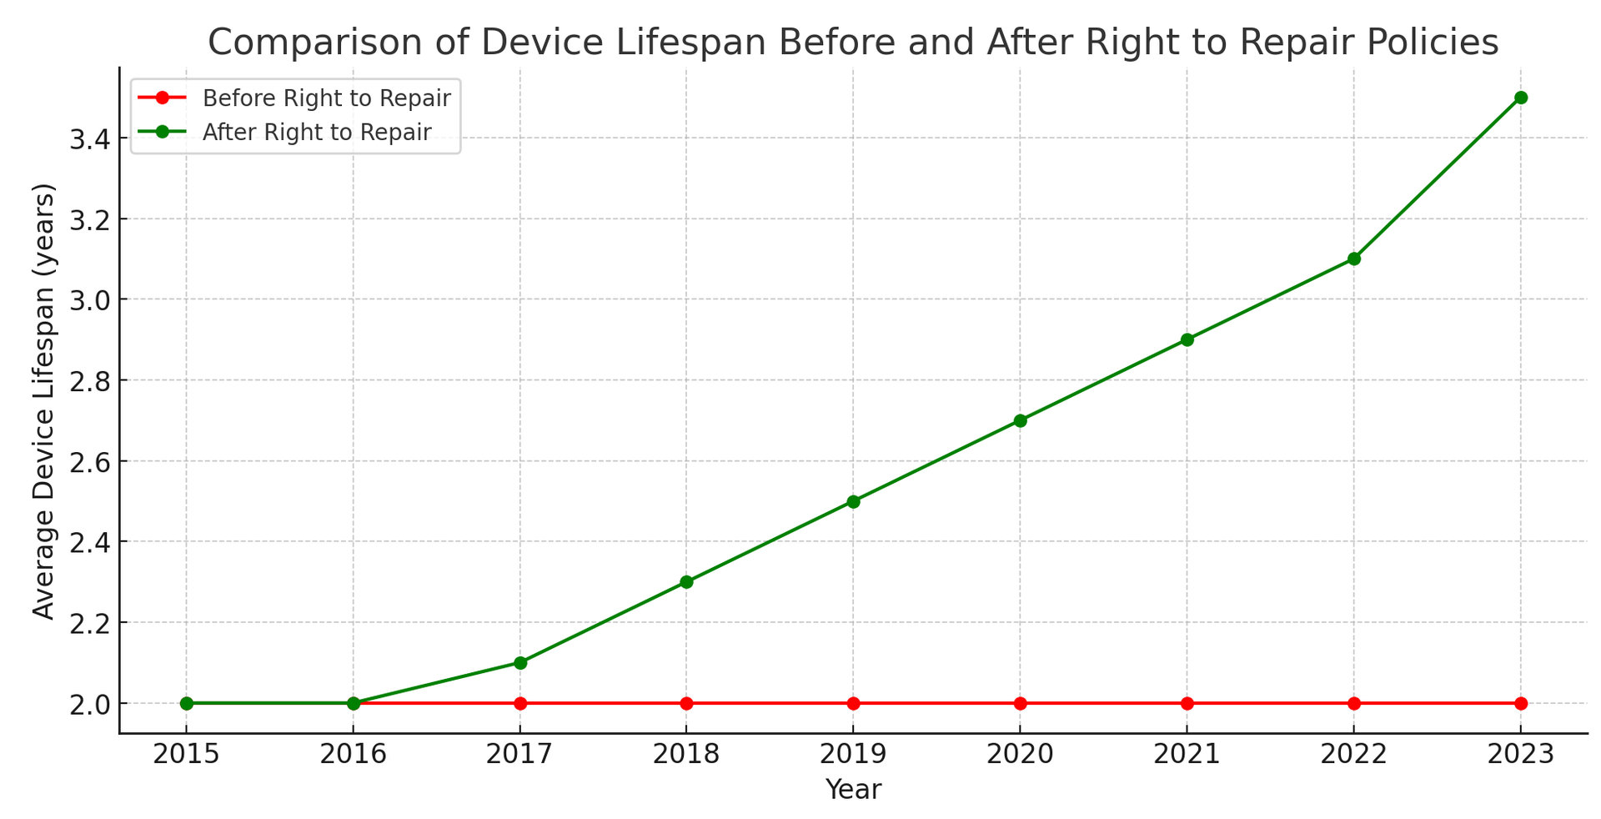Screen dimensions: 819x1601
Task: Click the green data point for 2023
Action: (x=1520, y=98)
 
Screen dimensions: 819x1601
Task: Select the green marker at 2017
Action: (x=520, y=663)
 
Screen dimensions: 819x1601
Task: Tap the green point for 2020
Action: (x=1020, y=420)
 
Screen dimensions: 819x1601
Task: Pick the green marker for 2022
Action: (x=1353, y=259)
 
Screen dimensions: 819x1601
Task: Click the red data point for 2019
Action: (x=853, y=703)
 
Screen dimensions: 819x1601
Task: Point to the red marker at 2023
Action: (x=1520, y=703)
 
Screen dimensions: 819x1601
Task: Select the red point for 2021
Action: (x=1187, y=703)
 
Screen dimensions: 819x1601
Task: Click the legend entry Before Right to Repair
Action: (x=326, y=98)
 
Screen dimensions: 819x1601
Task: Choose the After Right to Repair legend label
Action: (x=317, y=133)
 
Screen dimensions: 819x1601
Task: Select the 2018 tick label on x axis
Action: (x=686, y=755)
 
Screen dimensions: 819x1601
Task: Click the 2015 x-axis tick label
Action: (x=186, y=755)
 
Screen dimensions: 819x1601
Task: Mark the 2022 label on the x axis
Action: (x=1353, y=755)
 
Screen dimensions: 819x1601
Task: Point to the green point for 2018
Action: (x=686, y=582)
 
